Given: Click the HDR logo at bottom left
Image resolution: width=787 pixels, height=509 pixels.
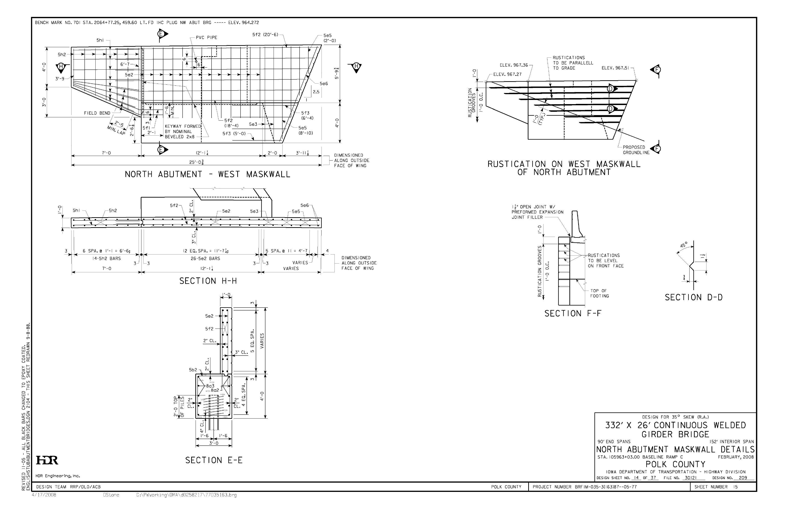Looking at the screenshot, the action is coord(47,460).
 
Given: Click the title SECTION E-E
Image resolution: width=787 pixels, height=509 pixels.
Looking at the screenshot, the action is coord(214,460).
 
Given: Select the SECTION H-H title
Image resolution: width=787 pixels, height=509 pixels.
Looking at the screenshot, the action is coord(208,281).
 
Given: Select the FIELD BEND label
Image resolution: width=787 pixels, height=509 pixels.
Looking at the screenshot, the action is coord(97,113).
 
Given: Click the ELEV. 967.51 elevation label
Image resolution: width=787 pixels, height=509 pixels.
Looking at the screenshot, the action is coord(615,68).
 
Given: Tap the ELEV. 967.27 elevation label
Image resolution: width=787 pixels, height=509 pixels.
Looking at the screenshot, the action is coord(507,74).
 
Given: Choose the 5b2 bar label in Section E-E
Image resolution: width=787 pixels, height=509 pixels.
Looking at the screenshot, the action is coord(193,370).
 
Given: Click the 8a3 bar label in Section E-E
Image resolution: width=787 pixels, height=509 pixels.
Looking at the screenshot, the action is coord(210,386).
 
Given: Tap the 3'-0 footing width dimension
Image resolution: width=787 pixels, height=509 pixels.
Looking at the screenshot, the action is coord(214,443).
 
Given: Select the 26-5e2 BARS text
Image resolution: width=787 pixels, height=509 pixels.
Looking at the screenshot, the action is coord(201,258).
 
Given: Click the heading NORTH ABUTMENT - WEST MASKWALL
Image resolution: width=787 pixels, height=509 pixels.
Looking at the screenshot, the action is coord(208,174).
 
